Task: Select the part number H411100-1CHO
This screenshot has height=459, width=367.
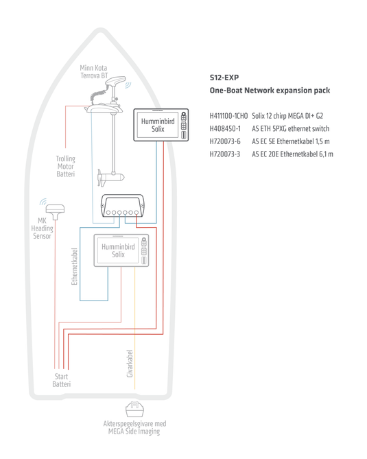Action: [228, 116]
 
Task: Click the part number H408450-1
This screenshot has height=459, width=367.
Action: [225, 128]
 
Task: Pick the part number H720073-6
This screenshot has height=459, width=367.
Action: [225, 141]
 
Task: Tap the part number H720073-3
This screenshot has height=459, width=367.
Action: [225, 154]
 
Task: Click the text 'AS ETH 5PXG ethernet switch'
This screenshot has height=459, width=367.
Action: [290, 128]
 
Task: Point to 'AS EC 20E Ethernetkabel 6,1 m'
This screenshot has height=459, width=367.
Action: [292, 154]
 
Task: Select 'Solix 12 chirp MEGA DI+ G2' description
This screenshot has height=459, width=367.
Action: [287, 116]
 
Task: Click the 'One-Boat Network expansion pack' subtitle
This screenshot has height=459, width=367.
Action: [270, 91]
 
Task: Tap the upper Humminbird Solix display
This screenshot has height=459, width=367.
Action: [162, 124]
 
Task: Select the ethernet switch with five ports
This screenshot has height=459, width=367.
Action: [123, 207]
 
